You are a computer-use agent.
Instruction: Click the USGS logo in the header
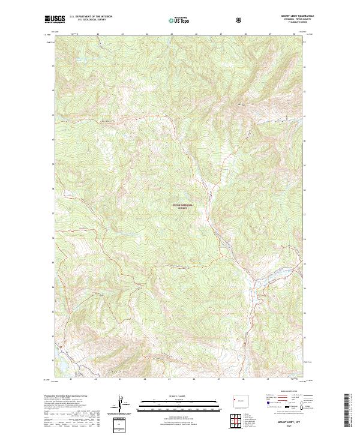(x=55, y=19)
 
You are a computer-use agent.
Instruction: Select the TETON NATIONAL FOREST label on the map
(x=184, y=206)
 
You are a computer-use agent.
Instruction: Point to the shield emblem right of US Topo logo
(x=239, y=19)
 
